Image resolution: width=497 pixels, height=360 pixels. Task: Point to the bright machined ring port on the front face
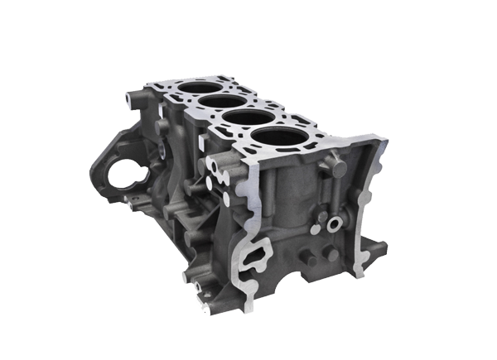click(335, 225)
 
